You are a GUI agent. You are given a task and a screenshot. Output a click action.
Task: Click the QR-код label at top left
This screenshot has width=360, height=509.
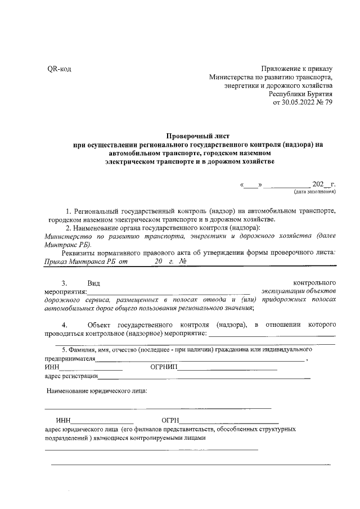(58, 69)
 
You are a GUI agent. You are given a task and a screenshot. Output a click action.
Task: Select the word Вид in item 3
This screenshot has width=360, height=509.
(94, 282)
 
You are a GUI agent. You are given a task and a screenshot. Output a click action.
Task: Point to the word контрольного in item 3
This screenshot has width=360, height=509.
(316, 282)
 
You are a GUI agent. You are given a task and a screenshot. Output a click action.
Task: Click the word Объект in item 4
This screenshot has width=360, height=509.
(101, 326)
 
